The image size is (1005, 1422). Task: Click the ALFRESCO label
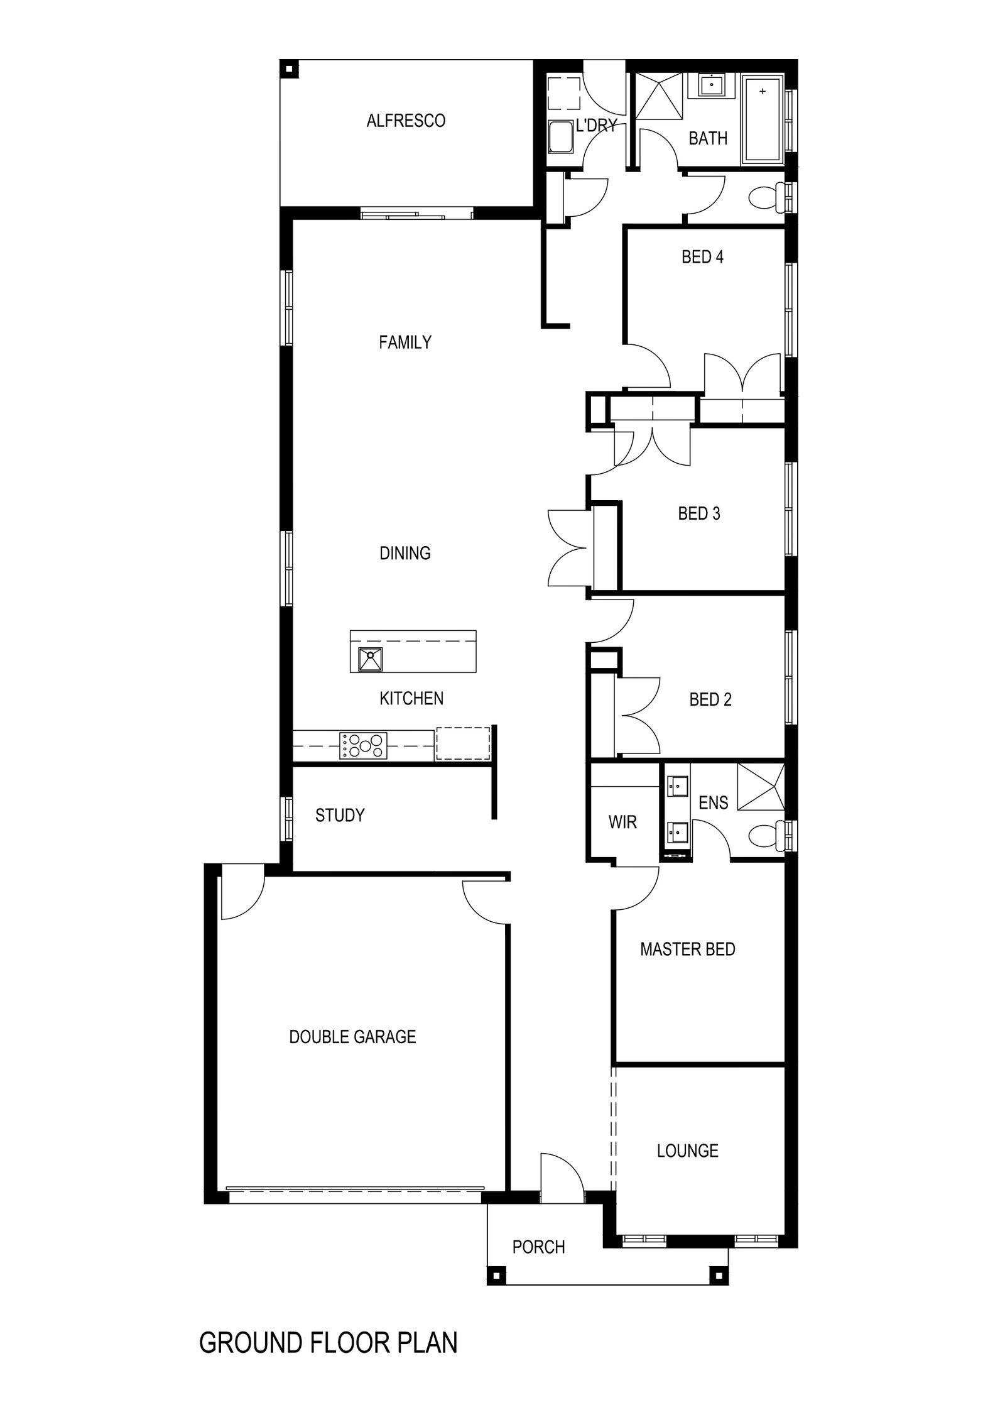(406, 121)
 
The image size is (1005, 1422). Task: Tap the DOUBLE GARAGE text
(352, 1036)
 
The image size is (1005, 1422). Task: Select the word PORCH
(538, 1247)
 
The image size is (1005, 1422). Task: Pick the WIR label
(622, 822)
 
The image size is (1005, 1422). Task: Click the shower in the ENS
(761, 786)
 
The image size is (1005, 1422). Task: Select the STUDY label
(340, 815)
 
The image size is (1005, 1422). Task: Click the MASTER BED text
(687, 949)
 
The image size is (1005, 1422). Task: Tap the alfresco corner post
(289, 68)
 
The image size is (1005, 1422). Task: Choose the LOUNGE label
(687, 1151)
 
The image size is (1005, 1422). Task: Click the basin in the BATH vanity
(711, 85)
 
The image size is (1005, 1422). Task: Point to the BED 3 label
(698, 513)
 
